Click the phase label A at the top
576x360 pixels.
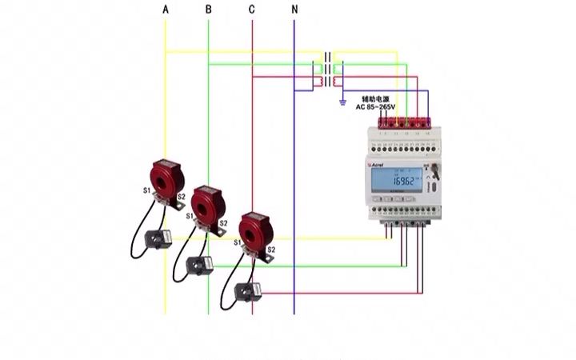[x=166, y=10]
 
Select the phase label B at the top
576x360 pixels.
[x=209, y=10]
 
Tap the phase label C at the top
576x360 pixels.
[x=252, y=10]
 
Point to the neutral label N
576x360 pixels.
[x=294, y=10]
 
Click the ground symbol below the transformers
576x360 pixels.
[x=342, y=102]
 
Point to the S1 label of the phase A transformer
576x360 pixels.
[x=146, y=190]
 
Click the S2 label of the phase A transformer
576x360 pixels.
[x=182, y=197]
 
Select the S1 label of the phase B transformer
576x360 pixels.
[x=190, y=216]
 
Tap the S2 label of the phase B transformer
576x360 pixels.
[x=223, y=223]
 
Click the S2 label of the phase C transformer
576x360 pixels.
[x=271, y=250]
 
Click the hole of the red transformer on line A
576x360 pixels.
[x=166, y=178]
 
